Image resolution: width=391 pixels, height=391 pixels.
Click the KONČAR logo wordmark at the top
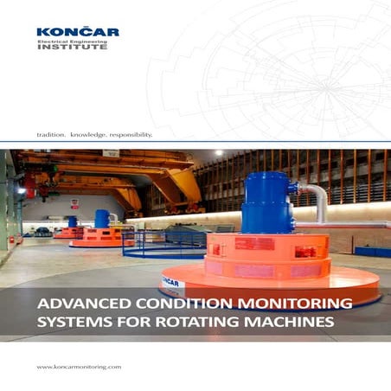[x=77, y=32]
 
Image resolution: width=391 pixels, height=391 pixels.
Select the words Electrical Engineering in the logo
[x=73, y=41]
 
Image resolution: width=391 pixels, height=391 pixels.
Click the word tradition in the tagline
[x=50, y=135]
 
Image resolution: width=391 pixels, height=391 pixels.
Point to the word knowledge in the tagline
[x=90, y=135]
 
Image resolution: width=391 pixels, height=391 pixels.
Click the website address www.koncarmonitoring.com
[x=78, y=368]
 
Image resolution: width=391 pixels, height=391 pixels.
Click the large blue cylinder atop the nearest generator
[x=266, y=202]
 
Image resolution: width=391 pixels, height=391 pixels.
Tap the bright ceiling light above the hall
[x=219, y=152]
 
